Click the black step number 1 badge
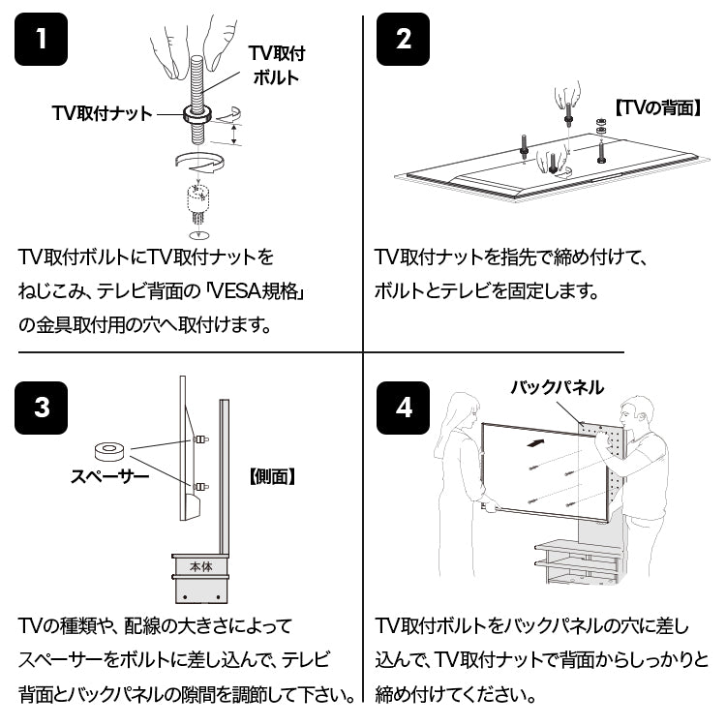42,39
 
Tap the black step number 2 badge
403,39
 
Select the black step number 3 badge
42,408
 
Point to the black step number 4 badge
403,408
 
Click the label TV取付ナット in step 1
102,113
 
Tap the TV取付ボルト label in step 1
277,65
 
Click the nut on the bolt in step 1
197,113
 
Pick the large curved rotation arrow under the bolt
200,162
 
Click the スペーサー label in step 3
109,476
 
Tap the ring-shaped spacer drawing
109,451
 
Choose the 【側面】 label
272,476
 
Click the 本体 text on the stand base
201,566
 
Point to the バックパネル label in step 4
557,387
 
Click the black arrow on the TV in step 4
534,443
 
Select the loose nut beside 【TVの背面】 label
600,126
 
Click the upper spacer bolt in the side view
200,439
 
